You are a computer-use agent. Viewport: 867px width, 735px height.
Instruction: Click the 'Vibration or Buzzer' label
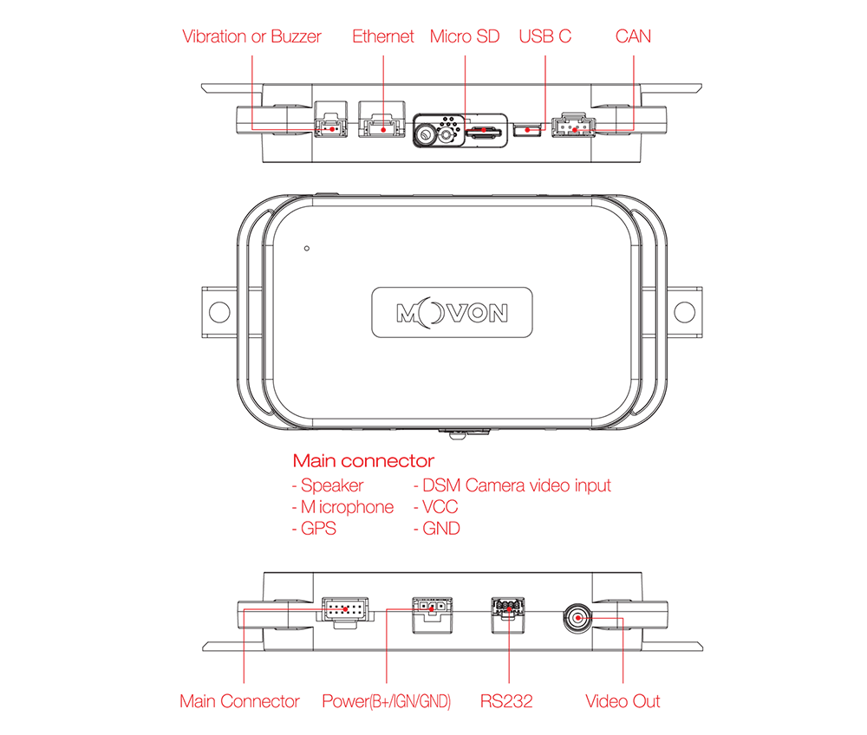pyautogui.click(x=251, y=36)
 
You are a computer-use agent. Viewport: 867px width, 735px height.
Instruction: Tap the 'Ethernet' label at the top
pyautogui.click(x=382, y=36)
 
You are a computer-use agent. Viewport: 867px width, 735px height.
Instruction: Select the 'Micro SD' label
pyautogui.click(x=465, y=36)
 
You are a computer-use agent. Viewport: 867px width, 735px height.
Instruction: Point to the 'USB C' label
pyautogui.click(x=544, y=36)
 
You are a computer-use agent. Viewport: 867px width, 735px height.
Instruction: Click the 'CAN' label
pyautogui.click(x=633, y=36)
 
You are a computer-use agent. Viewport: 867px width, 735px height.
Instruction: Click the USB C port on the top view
pyautogui.click(x=527, y=130)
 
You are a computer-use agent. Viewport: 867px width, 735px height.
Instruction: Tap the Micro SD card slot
pyautogui.click(x=483, y=132)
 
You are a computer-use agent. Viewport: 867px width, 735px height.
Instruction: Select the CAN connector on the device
pyautogui.click(x=573, y=126)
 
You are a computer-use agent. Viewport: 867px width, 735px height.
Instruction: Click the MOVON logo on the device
pyautogui.click(x=452, y=313)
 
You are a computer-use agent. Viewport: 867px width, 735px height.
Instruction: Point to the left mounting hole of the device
pyautogui.click(x=219, y=312)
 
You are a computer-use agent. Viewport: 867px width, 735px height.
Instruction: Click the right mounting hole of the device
pyautogui.click(x=685, y=312)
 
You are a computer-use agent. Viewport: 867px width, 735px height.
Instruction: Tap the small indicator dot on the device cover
pyautogui.click(x=307, y=248)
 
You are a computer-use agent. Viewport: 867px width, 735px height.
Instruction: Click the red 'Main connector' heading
pyautogui.click(x=363, y=460)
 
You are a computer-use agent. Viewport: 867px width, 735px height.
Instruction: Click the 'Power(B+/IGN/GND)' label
pyautogui.click(x=387, y=701)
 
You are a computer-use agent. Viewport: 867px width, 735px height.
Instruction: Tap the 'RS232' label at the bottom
pyautogui.click(x=506, y=701)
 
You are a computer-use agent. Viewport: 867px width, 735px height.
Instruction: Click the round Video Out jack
pyautogui.click(x=577, y=618)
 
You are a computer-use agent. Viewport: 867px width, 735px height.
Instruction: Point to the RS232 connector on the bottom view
pyautogui.click(x=508, y=615)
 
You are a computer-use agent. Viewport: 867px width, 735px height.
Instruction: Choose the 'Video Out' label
pyautogui.click(x=623, y=701)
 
